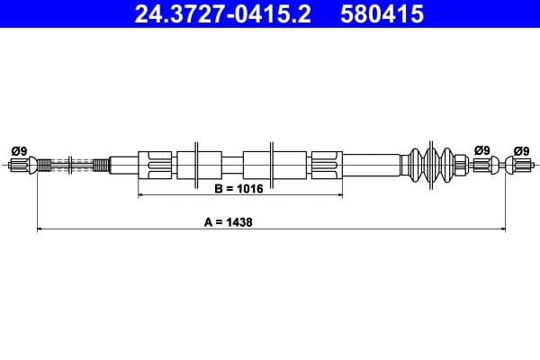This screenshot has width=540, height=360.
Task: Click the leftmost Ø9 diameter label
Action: click(x=18, y=150)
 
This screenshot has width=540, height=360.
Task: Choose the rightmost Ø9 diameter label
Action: click(x=521, y=150)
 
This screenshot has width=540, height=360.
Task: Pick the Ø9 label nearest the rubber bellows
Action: click(x=482, y=150)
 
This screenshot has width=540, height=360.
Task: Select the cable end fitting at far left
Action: click(x=20, y=166)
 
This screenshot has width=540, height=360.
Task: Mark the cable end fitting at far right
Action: click(x=519, y=166)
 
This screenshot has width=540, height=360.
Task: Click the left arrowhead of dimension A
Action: click(x=40, y=229)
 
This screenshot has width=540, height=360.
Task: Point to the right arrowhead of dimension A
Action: click(x=500, y=229)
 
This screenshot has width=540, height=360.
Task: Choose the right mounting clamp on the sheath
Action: click(x=270, y=165)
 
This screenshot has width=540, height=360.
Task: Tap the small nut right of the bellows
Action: click(x=460, y=165)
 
